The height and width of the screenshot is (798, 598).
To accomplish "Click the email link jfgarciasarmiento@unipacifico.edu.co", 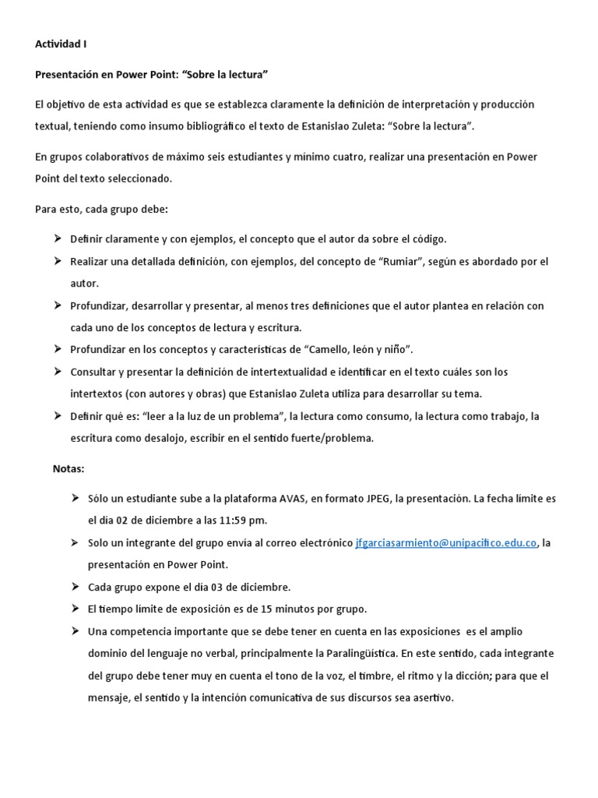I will [445, 542].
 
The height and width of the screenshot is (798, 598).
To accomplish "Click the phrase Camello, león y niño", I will [351, 349].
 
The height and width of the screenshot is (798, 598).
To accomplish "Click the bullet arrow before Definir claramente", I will [58, 238].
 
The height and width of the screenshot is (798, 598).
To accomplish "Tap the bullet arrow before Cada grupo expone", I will [75, 586].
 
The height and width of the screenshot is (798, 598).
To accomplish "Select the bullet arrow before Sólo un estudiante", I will [75, 497].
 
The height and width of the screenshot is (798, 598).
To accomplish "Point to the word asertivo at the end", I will [428, 697].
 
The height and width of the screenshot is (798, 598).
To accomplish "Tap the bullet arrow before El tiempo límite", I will [75, 608].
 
